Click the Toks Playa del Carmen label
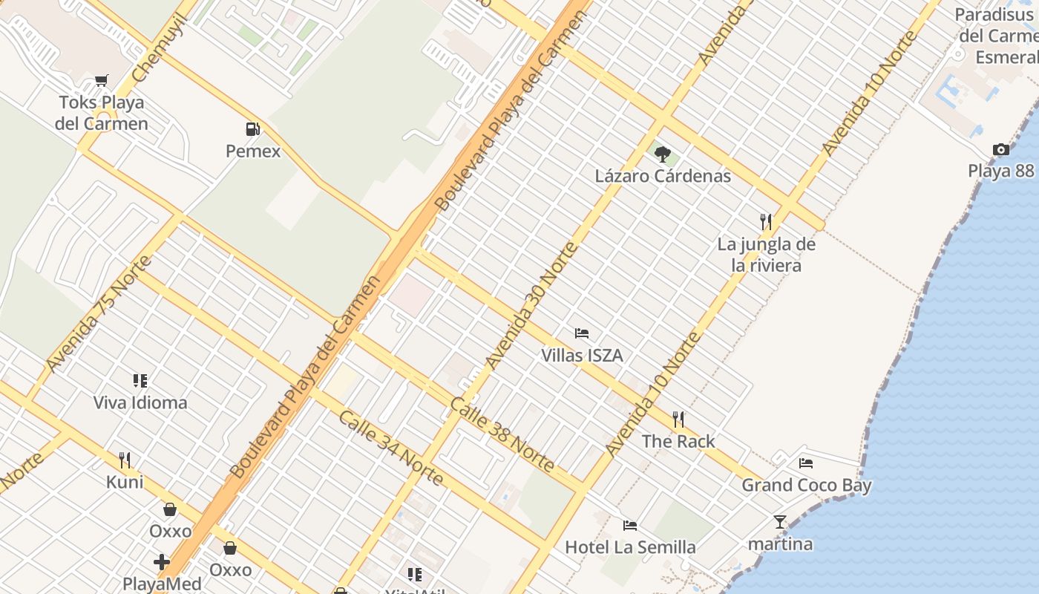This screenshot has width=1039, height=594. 102,113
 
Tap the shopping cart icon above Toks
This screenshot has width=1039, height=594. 102,80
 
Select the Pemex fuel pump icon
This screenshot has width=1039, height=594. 253,129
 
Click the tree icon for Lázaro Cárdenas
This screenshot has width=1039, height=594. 663,154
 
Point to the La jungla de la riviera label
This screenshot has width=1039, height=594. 766,255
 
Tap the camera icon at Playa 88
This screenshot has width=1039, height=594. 1001,149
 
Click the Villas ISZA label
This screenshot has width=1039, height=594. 582,356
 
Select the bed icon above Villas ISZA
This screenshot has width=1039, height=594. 582,333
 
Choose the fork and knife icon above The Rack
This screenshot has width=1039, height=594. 678,420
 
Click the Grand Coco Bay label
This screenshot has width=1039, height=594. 807,486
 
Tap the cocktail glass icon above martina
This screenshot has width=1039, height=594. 780,522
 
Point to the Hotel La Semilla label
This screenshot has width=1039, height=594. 630,548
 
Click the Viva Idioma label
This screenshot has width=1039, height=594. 140,402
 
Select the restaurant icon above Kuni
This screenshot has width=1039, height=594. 125,460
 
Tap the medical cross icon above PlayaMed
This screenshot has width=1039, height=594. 161,562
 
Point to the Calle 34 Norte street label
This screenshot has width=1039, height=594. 390,447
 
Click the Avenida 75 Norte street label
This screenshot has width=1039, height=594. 98,314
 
